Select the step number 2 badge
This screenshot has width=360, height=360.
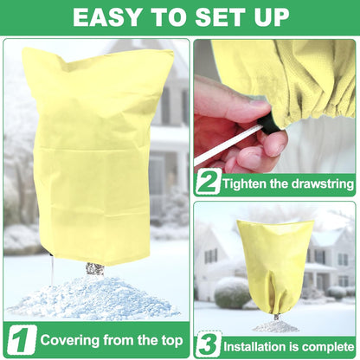click(x=207, y=182)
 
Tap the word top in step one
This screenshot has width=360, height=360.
click(x=168, y=340)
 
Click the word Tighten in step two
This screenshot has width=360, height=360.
click(x=247, y=183)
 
